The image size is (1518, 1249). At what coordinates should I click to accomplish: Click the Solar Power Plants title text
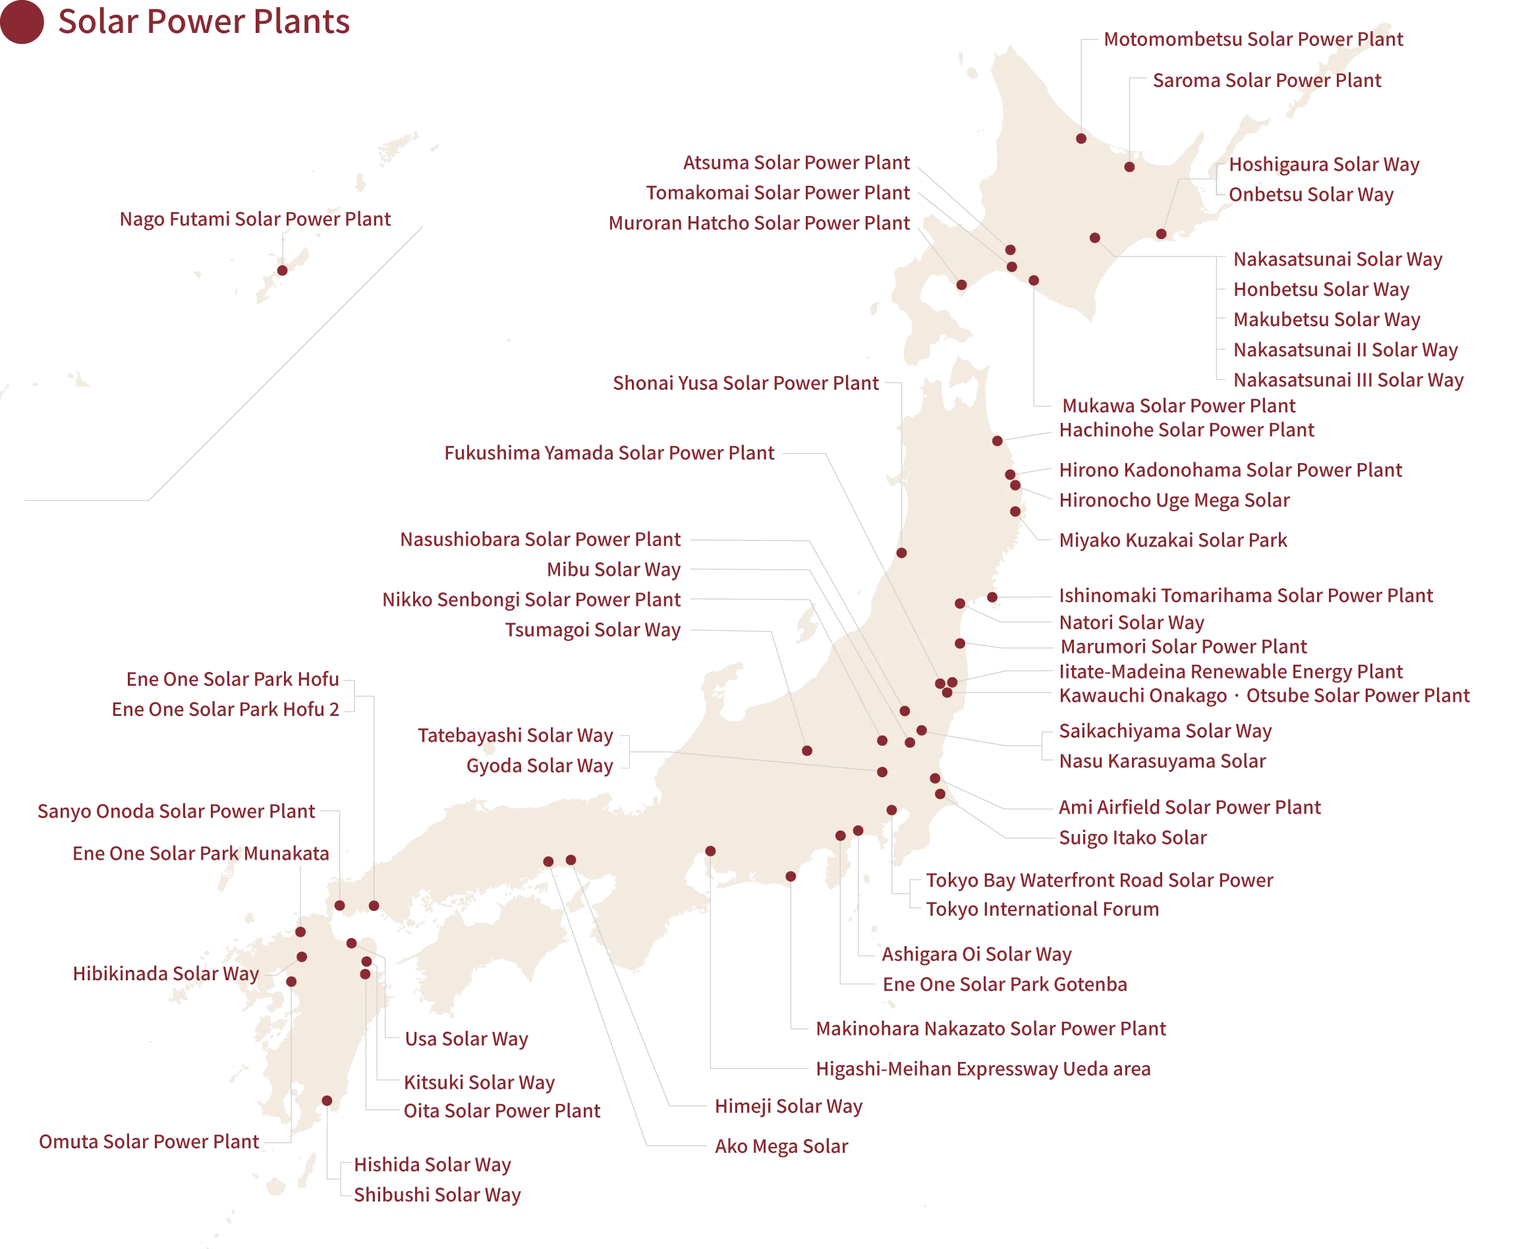[x=204, y=22]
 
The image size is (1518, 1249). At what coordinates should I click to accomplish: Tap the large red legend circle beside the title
[x=22, y=23]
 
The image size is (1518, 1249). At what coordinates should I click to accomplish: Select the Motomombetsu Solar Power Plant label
[x=1252, y=39]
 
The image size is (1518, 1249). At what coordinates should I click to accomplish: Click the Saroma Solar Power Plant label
[x=1267, y=80]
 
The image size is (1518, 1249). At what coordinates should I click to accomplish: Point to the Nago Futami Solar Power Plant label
[x=255, y=219]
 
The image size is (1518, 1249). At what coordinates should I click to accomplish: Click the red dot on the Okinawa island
[x=282, y=271]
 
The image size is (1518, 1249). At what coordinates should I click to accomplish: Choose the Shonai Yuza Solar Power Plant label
[x=745, y=382]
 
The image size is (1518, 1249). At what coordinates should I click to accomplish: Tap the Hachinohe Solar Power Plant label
[x=1187, y=430]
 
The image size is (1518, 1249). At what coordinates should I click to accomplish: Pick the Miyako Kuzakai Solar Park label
[x=1173, y=540]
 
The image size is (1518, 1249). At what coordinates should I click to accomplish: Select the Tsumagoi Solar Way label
[x=593, y=630]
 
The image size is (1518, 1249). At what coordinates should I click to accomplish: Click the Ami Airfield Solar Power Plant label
[x=1189, y=807]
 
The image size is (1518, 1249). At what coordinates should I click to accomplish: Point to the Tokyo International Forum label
[x=1042, y=908]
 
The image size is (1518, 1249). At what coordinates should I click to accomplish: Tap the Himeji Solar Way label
[x=788, y=1107]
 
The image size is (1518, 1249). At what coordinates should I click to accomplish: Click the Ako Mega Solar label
[x=781, y=1146]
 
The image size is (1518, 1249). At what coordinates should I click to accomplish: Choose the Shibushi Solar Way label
[x=437, y=1195]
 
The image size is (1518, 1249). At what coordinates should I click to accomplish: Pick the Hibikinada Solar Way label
[x=165, y=974]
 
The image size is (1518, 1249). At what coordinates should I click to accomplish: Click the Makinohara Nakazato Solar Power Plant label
[x=992, y=1029]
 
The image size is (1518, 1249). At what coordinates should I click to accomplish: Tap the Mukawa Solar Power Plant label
[x=1178, y=406]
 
